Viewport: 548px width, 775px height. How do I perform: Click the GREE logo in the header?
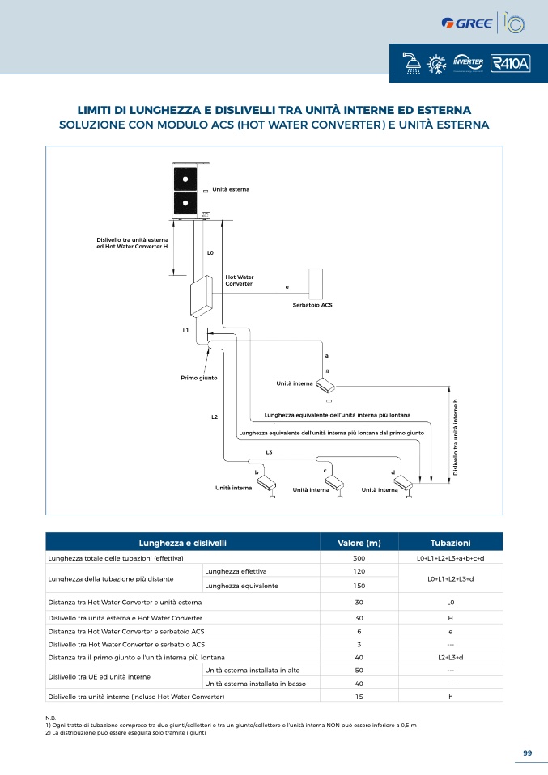[466, 23]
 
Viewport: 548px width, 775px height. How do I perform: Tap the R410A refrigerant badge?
[511, 63]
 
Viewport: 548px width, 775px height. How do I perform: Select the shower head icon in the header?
[411, 63]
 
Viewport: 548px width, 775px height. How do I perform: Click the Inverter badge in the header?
[468, 63]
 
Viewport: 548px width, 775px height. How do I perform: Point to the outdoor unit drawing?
[191, 190]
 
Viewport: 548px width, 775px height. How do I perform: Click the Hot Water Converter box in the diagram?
[202, 296]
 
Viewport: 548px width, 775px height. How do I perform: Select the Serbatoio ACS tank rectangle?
[316, 284]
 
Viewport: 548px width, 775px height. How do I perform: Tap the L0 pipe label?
[210, 252]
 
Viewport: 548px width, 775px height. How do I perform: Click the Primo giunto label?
[199, 378]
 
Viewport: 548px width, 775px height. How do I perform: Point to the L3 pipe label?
[269, 452]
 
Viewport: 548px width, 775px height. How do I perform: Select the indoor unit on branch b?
[267, 485]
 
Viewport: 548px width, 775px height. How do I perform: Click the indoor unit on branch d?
[403, 485]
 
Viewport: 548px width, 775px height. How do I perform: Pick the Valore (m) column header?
[359, 543]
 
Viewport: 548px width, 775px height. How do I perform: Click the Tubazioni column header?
[451, 543]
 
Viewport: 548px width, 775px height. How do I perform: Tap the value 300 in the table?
[359, 558]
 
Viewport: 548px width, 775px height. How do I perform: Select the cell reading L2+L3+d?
[451, 658]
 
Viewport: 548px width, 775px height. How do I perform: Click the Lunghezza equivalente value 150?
[359, 586]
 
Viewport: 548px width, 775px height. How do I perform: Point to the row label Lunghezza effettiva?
[236, 571]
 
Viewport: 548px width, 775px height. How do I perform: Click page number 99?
[527, 753]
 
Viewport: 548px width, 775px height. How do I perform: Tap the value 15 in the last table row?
[359, 697]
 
